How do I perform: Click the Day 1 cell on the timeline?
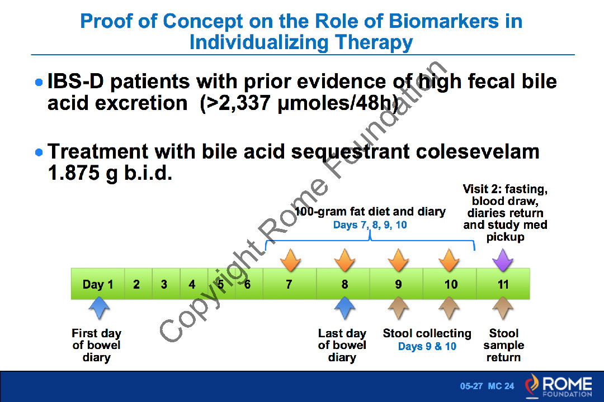coord(98,284)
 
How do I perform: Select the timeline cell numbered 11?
coord(503,284)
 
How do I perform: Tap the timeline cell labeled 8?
coord(344,284)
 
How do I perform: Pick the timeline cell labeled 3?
coord(164,284)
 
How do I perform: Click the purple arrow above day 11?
coord(503,259)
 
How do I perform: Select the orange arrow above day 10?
coord(449,259)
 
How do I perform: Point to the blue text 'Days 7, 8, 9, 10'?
coord(370,225)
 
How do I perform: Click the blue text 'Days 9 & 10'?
coord(427,347)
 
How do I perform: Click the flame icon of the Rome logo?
coord(532,385)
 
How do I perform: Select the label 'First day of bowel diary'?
coord(96,345)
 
